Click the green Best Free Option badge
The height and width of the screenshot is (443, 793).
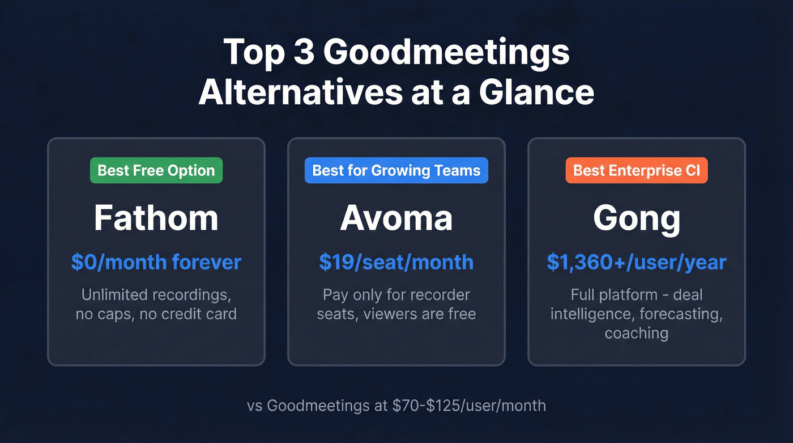pos(156,171)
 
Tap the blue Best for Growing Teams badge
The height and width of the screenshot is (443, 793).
pos(396,171)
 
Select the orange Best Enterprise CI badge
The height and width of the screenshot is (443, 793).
pos(637,171)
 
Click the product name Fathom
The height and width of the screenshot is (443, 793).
pos(156,218)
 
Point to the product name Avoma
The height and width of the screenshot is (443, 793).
pos(396,218)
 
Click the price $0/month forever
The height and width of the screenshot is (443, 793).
pos(156,262)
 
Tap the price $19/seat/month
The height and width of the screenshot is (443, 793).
pos(396,262)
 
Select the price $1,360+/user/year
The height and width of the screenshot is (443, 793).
pos(637,262)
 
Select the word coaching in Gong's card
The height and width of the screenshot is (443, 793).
pos(637,332)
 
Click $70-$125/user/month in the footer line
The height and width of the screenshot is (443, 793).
pos(464,406)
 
